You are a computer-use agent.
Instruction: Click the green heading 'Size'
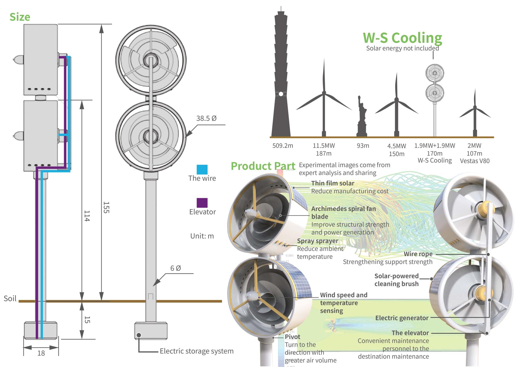(20, 17)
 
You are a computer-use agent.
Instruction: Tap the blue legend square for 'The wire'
(202, 169)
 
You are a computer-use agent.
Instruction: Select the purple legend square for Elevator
(202, 203)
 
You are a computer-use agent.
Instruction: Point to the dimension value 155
(106, 207)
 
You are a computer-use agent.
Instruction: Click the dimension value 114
(87, 216)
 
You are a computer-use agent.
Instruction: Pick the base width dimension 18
(41, 353)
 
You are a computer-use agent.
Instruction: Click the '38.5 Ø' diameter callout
(206, 118)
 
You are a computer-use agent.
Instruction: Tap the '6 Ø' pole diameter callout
(175, 268)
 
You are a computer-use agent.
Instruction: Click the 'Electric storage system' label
(197, 351)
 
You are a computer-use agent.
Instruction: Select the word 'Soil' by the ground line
(10, 299)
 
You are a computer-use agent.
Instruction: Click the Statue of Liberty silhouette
(362, 119)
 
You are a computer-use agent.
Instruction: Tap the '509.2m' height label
(282, 146)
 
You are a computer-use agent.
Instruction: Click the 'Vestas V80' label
(475, 161)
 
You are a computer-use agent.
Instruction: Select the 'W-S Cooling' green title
(402, 38)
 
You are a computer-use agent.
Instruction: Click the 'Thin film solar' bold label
(332, 183)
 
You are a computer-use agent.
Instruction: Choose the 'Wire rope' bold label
(418, 254)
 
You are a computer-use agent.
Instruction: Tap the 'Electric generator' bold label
(402, 318)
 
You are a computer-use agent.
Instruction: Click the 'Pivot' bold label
(292, 337)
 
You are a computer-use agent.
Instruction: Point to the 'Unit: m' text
(202, 236)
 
